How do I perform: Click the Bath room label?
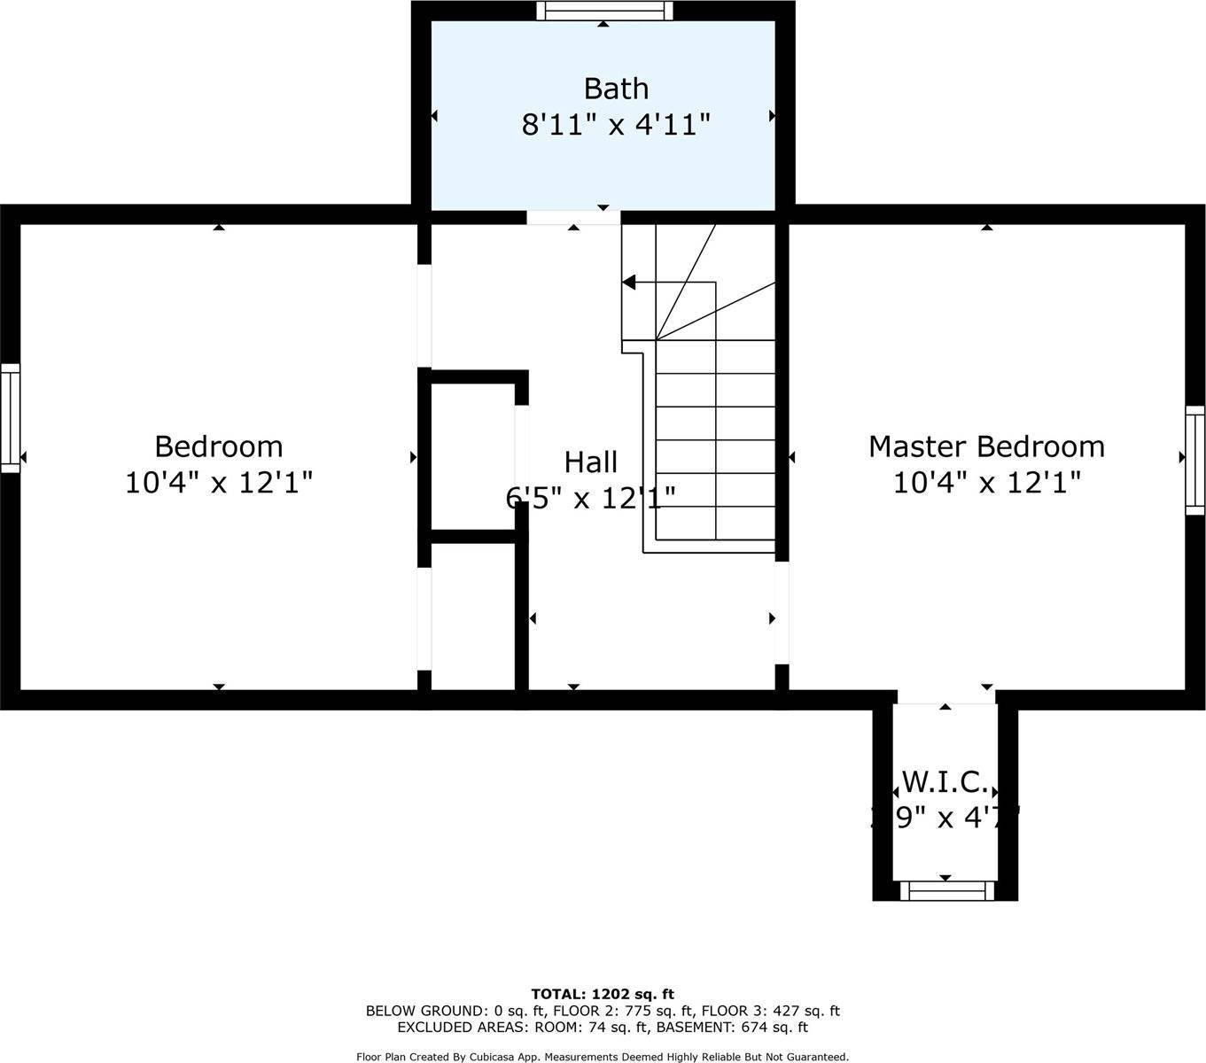coord(616,89)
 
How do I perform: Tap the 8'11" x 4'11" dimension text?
coord(616,125)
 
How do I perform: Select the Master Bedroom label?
coord(986,446)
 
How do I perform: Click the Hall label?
coord(591,462)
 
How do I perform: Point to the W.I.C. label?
coord(945,781)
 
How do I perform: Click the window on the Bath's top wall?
coord(604,11)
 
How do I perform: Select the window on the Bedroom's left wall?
coord(10,417)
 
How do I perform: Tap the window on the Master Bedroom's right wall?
coord(1195,460)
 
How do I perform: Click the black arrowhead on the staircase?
coord(630,283)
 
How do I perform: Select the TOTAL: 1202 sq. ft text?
coord(603,994)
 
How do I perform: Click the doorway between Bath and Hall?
coord(573,217)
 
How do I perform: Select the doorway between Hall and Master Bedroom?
coord(782,612)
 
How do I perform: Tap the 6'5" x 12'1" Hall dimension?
coord(591,498)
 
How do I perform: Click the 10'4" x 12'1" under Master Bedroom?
coord(986,483)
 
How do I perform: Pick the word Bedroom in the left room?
coord(219,446)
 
